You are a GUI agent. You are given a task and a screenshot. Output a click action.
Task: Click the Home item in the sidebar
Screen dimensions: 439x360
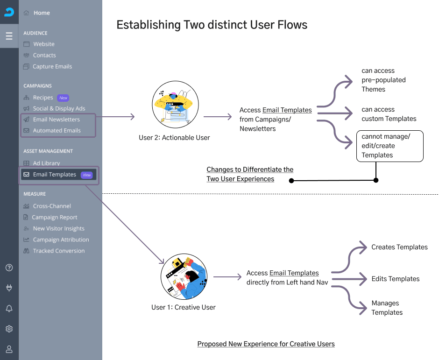pos(37,13)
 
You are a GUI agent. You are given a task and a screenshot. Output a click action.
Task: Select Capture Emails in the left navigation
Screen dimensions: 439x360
pos(48,67)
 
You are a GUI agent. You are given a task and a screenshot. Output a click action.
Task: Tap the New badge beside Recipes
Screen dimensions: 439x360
pos(63,98)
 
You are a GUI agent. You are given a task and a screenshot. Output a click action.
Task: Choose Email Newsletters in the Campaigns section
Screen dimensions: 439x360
pos(52,120)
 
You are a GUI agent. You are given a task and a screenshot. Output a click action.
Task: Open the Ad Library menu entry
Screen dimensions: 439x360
pos(42,163)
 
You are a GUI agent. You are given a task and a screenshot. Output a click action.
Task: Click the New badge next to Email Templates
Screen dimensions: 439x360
pos(87,175)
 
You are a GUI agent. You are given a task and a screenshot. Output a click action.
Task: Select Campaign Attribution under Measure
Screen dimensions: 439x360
pos(56,240)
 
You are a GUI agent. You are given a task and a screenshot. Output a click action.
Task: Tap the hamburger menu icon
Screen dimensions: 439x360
pos(9,36)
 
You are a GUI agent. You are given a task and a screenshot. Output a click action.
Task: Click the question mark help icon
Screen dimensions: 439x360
pos(9,268)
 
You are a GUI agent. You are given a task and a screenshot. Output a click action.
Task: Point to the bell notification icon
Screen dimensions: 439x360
pos(9,308)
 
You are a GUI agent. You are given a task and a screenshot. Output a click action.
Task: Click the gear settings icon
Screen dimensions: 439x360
pos(9,329)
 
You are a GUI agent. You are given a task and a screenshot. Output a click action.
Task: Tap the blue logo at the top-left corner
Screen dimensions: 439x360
pos(9,12)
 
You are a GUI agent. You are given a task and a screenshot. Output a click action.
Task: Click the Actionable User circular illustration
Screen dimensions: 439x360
pos(175,105)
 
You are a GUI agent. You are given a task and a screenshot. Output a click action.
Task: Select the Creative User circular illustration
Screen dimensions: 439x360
pos(184,276)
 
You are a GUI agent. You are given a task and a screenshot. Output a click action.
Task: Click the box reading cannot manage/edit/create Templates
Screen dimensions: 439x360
pos(389,146)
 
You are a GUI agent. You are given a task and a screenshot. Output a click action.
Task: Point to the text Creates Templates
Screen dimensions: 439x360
pos(399,247)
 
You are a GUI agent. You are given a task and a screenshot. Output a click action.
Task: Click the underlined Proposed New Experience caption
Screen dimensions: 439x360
pos(266,344)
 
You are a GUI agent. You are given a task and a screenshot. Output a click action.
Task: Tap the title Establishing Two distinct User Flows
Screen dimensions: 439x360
pos(212,25)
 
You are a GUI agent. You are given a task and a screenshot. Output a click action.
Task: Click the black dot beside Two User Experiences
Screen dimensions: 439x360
pos(291,181)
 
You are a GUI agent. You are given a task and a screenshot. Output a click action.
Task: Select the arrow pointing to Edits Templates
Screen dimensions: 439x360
pos(349,279)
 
